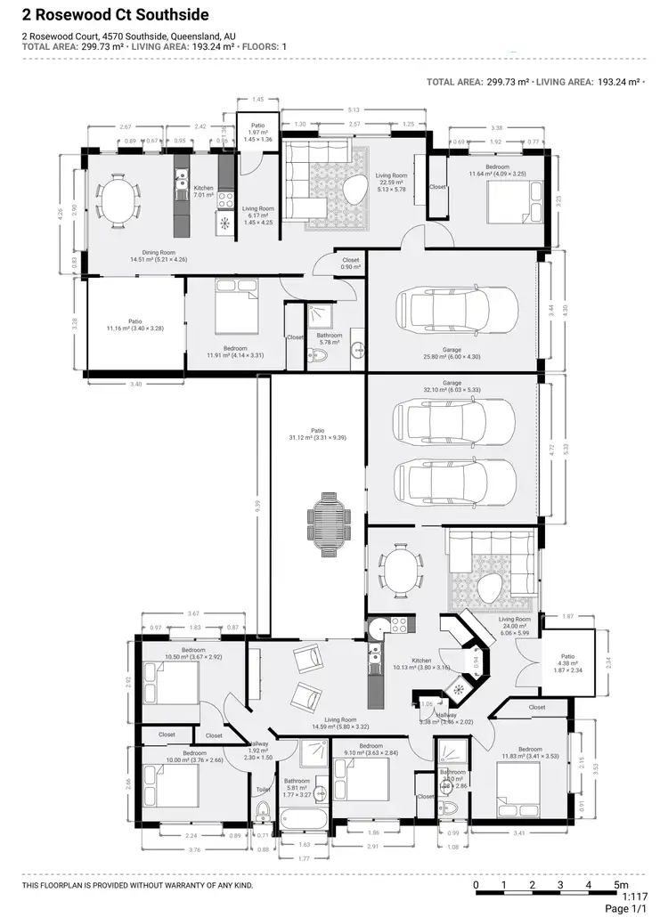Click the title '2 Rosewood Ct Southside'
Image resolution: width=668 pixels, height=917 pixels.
116,15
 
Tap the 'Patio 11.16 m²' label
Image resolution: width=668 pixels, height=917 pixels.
135,325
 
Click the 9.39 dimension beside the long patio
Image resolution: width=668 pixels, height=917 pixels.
257,503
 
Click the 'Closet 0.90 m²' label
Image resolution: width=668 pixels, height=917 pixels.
351,264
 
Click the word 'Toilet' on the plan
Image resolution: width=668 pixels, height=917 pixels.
263,790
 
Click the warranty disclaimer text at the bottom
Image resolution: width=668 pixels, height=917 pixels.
138,886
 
